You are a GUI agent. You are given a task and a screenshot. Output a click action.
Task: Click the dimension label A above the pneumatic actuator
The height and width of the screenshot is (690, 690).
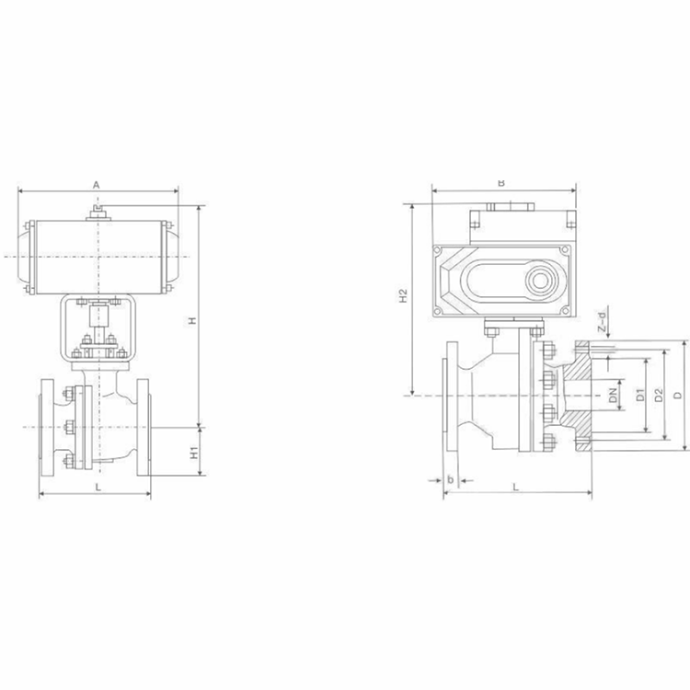click(97, 184)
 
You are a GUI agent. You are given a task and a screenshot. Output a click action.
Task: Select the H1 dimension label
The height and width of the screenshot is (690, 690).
click(193, 452)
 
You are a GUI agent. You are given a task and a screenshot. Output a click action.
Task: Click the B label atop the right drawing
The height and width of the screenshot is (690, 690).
click(501, 182)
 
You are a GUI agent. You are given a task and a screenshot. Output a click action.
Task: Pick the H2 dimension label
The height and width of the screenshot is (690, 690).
click(402, 297)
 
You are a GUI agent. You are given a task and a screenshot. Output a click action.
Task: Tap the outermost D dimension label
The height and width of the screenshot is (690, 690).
click(677, 396)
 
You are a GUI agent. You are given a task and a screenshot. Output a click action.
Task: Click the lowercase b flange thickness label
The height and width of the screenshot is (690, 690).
click(450, 479)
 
